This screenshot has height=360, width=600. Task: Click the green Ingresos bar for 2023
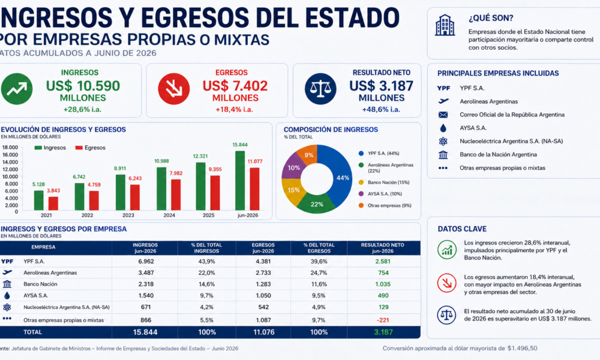[121, 193]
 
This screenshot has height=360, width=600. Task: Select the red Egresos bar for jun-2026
[254, 189]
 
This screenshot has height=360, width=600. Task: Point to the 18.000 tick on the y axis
[10, 147]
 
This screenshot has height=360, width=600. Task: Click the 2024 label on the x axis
[169, 215]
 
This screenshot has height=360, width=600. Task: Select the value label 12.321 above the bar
[200, 156]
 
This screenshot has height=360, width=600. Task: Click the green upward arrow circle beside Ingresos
[17, 89]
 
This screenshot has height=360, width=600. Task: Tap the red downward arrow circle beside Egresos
[174, 89]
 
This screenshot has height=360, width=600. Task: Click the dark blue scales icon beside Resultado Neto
[320, 89]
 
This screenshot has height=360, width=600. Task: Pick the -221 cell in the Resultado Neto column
[383, 320]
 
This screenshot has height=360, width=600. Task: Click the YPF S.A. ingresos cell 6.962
[146, 261]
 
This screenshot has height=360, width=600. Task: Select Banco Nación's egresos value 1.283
[263, 284]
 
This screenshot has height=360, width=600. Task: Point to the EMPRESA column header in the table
[43, 247]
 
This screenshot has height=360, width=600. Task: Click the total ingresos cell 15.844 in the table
[145, 332]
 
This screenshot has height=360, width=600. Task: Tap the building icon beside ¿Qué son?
[445, 25]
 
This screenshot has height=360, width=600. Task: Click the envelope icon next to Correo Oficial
[443, 115]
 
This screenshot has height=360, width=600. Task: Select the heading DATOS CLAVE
[462, 229]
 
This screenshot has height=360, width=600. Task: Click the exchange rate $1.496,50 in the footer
[523, 348]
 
